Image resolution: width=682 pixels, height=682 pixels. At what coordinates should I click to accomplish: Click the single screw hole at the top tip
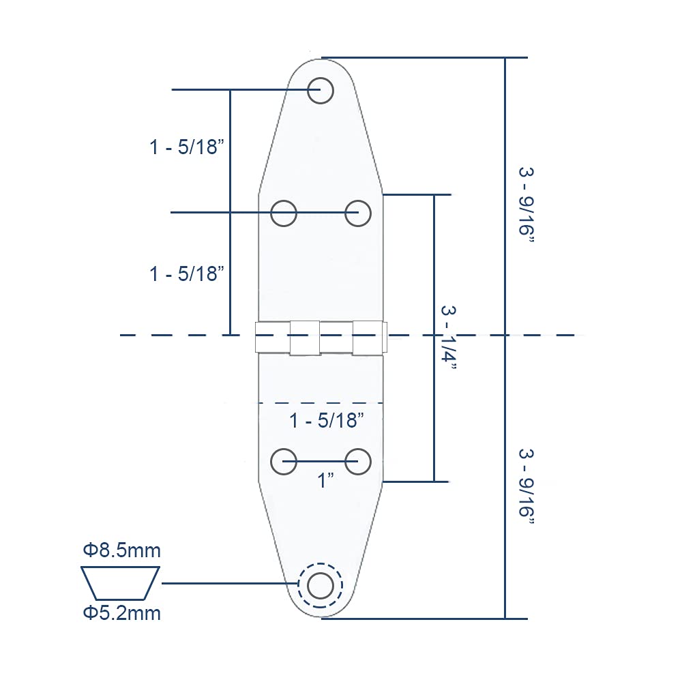320,90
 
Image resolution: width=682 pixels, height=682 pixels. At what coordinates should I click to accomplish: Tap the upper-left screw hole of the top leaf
284,213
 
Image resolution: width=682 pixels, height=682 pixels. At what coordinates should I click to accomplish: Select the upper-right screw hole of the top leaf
357,213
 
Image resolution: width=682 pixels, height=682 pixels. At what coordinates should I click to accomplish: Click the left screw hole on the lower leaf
284,462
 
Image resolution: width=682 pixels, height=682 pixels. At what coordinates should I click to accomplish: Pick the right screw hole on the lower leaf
357,462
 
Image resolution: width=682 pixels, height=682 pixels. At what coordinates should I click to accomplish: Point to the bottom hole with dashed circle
320,584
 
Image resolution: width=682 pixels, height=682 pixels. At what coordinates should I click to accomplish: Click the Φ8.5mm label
122,550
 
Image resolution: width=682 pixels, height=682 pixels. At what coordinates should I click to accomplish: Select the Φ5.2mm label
122,613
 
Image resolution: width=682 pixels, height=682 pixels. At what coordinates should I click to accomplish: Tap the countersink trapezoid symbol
121,582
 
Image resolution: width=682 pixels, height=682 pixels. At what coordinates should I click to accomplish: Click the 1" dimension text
325,481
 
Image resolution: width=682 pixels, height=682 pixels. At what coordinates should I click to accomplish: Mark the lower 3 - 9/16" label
526,486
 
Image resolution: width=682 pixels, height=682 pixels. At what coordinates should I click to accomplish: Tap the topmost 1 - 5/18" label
187,147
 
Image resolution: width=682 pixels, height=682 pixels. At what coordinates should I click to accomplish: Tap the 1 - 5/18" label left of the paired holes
187,274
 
